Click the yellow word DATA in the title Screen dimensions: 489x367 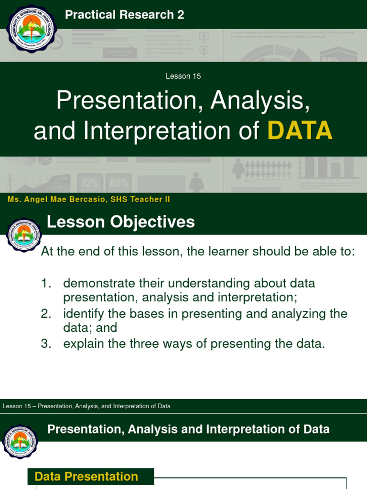[x=300, y=130]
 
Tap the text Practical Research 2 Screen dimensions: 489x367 [x=124, y=15]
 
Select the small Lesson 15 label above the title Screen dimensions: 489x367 [x=183, y=76]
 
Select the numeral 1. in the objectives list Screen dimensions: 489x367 [x=46, y=283]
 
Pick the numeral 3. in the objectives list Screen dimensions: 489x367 [x=46, y=344]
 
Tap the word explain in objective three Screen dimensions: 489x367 [x=82, y=344]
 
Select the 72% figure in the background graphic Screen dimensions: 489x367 [x=90, y=183]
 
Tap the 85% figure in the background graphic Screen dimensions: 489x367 [x=119, y=183]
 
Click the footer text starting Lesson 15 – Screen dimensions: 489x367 [x=86, y=406]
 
